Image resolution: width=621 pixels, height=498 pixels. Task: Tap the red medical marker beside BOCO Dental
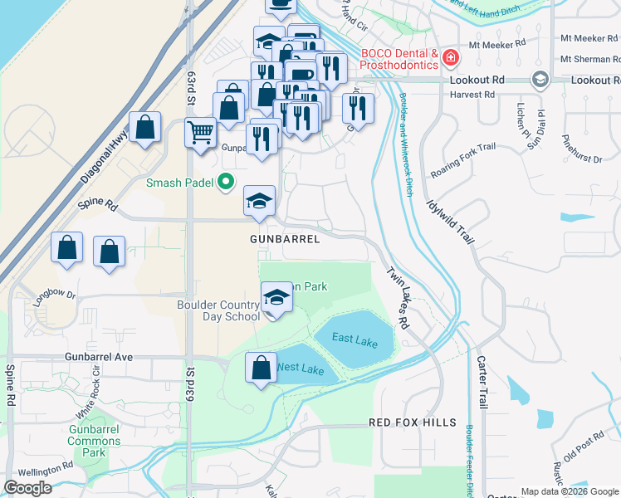click(450, 57)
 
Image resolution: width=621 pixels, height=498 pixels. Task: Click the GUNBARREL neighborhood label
click(284, 239)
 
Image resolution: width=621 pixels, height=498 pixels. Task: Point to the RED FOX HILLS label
click(413, 422)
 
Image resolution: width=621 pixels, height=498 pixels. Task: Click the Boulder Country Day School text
click(218, 310)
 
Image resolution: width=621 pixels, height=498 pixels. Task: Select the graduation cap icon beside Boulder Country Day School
click(276, 297)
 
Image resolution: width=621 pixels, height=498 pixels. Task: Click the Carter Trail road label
click(482, 382)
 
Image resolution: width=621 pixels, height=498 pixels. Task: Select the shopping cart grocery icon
click(200, 132)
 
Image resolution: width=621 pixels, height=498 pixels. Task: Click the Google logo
click(27, 488)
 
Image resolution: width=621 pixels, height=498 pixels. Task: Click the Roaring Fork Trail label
click(462, 162)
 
